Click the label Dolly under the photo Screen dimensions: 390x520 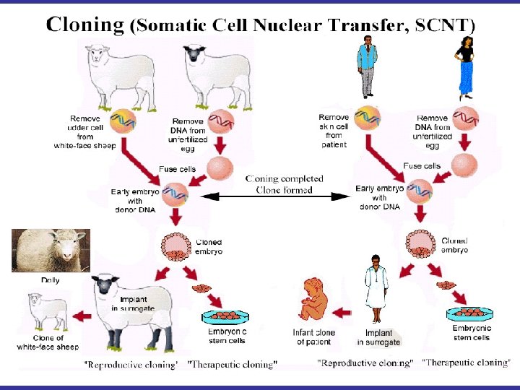(50, 279)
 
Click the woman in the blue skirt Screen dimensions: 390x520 (464, 68)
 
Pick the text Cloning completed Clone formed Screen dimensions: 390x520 (284, 184)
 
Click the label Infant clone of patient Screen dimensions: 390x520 (313, 337)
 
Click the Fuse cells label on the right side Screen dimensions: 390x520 (422, 166)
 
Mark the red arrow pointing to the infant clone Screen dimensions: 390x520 (343, 313)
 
